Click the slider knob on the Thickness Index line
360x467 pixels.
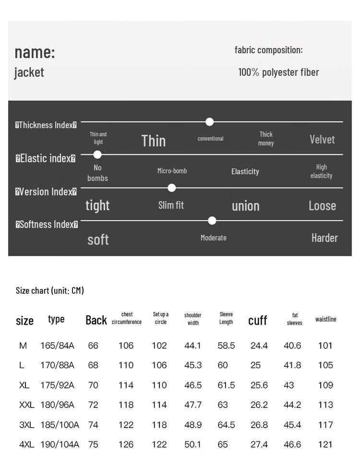click(x=209, y=122)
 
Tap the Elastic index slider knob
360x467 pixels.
click(x=97, y=155)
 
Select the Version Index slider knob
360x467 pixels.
click(x=171, y=188)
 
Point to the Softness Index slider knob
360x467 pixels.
click(x=212, y=221)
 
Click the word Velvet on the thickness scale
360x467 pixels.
click(x=322, y=140)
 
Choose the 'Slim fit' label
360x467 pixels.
click(x=171, y=205)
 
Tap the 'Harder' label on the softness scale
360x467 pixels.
click(x=324, y=238)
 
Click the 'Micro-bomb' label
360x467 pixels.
click(x=172, y=171)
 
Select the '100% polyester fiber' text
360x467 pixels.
click(x=278, y=72)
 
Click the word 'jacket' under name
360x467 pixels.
click(x=29, y=72)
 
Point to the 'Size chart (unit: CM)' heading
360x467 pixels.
click(x=50, y=290)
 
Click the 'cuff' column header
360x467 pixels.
click(x=257, y=321)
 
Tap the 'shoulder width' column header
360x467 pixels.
click(x=193, y=319)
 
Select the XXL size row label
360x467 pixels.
click(x=27, y=405)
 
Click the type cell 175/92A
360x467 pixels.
click(x=57, y=385)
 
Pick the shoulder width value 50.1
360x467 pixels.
click(x=193, y=445)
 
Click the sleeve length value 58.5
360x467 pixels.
click(x=226, y=346)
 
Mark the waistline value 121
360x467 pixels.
click(x=325, y=445)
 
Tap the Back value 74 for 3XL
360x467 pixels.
click(x=93, y=425)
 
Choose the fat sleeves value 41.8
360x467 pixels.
click(x=292, y=366)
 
